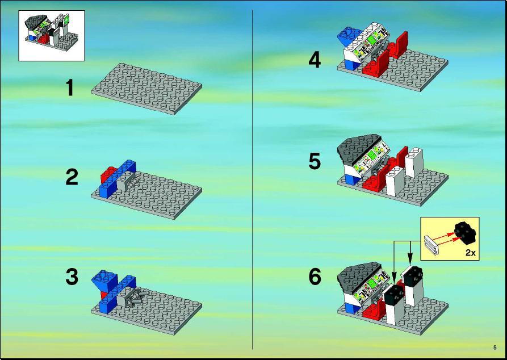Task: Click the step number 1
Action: point(70,88)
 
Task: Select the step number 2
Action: point(72,178)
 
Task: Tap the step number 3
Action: point(72,277)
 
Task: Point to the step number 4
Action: point(315,61)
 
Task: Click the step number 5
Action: point(315,161)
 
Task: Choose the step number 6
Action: point(315,277)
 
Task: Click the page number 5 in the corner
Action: point(495,348)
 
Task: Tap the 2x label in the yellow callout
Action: point(471,253)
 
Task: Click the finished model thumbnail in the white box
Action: point(52,35)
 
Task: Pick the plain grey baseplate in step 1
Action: point(147,89)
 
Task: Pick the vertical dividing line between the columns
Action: point(253,179)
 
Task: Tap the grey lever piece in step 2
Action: point(134,182)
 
